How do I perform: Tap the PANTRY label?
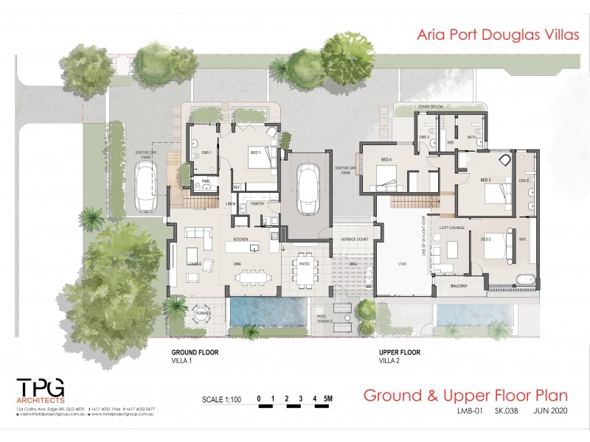pos(257,203)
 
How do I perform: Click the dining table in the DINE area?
pos(252,277)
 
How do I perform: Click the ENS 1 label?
pos(206,152)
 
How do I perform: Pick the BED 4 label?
pos(386,160)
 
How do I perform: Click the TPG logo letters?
pos(41,388)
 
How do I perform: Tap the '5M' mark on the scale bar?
pos(329,399)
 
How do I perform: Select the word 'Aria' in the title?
pos(434,33)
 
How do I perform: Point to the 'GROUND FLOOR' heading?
pos(195,352)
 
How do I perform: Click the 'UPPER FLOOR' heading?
pos(400,352)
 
